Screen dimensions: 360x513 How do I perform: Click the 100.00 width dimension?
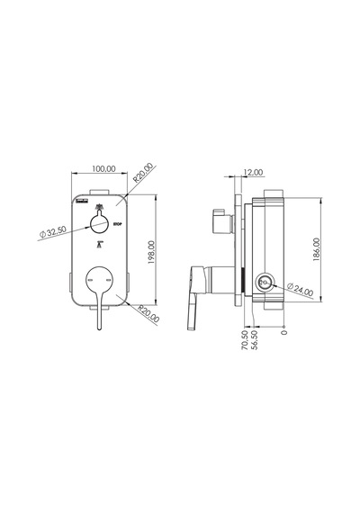(103, 169)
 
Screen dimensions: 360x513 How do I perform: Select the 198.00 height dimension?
(151, 252)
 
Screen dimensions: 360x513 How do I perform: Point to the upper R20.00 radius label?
(143, 173)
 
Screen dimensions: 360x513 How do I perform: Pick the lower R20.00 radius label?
(148, 314)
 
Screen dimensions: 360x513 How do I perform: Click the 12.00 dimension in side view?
(253, 172)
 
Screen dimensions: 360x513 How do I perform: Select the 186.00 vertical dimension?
(317, 249)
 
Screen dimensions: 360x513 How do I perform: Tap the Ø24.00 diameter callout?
(300, 289)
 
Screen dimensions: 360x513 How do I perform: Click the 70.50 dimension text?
(245, 340)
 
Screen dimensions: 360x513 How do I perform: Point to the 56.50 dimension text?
(254, 340)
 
